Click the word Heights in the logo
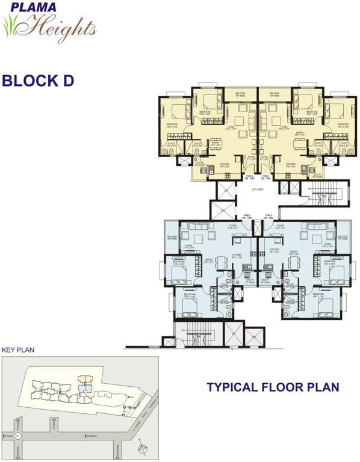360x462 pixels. (x=61, y=27)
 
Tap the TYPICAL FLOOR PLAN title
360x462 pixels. (x=273, y=387)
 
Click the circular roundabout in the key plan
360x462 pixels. (x=18, y=435)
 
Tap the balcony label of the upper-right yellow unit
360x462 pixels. (x=275, y=94)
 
